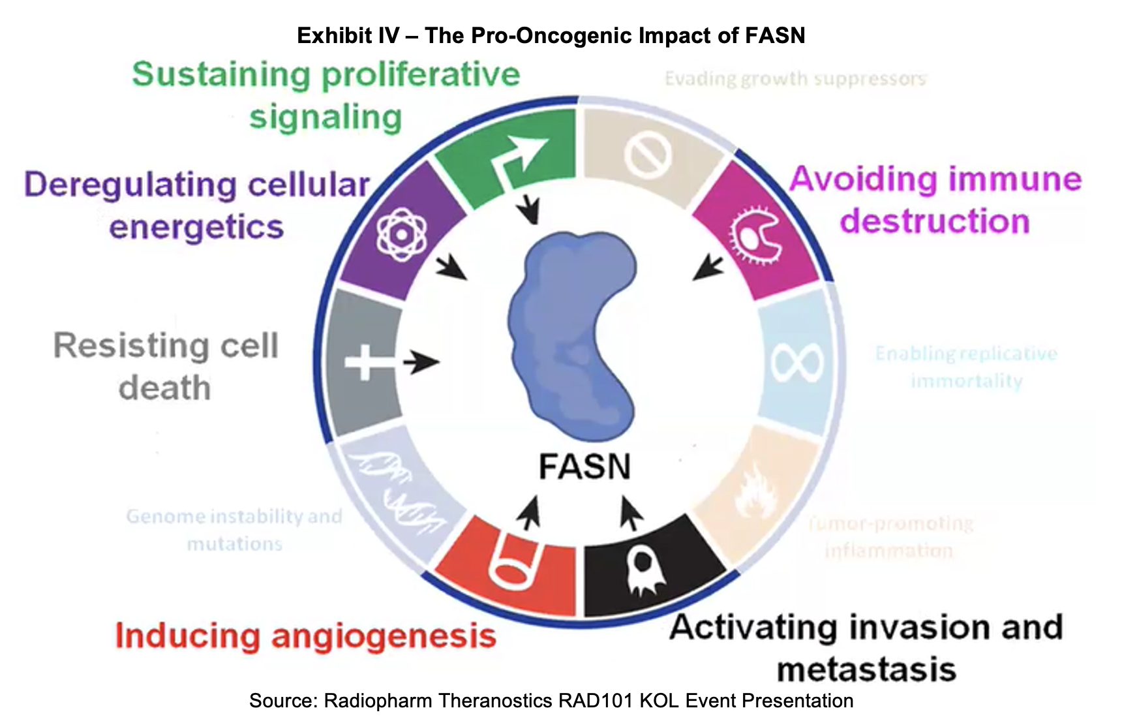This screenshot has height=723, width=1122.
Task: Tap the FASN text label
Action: [584, 467]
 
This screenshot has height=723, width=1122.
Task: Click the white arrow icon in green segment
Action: [522, 157]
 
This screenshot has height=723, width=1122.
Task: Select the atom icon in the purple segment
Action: [401, 234]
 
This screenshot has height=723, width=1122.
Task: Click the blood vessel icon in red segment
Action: [515, 562]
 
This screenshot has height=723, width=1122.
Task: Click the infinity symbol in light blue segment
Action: [796, 363]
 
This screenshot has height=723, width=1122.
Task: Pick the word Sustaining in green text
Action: [220, 75]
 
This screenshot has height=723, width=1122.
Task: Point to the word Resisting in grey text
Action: [130, 346]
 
